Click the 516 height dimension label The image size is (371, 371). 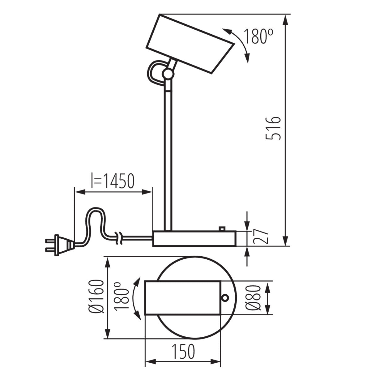[x=273, y=128]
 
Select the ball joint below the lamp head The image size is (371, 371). [x=168, y=74]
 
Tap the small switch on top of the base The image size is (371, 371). [x=221, y=229]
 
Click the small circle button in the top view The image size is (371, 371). [x=225, y=297]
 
